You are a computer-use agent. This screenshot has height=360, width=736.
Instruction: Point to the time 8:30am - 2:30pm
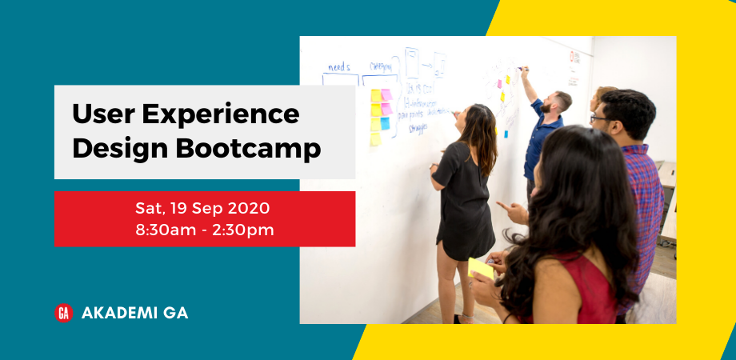click(x=204, y=230)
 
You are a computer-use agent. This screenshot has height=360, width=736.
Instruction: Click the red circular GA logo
click(x=63, y=313)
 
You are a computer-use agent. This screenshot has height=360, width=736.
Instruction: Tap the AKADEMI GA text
click(x=134, y=313)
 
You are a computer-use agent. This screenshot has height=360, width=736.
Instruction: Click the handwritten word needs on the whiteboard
click(x=339, y=66)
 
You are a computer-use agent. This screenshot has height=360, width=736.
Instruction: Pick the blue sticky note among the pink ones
click(x=386, y=123)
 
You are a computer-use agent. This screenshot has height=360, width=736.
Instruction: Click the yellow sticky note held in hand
click(x=481, y=267)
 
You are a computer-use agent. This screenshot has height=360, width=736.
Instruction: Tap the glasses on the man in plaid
click(x=598, y=118)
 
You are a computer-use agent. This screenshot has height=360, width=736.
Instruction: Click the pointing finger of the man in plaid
click(x=501, y=206)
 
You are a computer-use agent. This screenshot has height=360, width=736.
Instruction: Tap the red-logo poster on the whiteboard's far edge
click(x=574, y=67)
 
